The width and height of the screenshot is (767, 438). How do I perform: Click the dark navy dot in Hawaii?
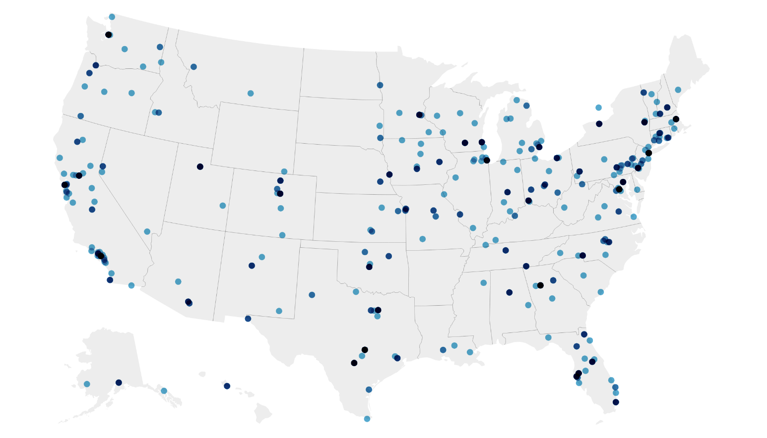point(227,386)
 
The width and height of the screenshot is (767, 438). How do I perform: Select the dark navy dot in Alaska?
point(119,383)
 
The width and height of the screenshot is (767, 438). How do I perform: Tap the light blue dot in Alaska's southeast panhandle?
point(164,391)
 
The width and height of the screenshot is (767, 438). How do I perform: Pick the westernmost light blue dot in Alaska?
point(87,384)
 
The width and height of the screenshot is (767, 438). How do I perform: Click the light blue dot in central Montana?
point(251,93)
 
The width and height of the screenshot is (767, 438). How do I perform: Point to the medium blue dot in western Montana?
point(193,67)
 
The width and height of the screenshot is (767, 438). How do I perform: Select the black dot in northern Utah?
point(200,166)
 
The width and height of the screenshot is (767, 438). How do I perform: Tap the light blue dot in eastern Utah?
point(223,206)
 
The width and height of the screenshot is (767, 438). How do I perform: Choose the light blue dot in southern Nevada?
point(147,231)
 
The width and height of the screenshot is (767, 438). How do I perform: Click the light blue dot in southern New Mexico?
point(279,311)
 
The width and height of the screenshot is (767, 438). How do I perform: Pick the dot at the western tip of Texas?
point(248,319)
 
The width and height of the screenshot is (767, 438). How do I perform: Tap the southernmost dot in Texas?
point(367,419)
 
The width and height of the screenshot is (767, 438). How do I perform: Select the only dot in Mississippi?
point(483,283)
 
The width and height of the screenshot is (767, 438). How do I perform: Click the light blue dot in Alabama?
point(528,305)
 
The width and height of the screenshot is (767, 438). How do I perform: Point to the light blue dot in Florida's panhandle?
point(548,337)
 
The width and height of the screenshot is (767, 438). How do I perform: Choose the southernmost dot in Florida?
point(616,402)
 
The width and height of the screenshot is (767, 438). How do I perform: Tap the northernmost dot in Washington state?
point(112,17)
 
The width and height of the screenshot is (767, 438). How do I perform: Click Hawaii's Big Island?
point(263,412)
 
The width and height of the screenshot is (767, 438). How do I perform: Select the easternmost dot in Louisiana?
point(470,352)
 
